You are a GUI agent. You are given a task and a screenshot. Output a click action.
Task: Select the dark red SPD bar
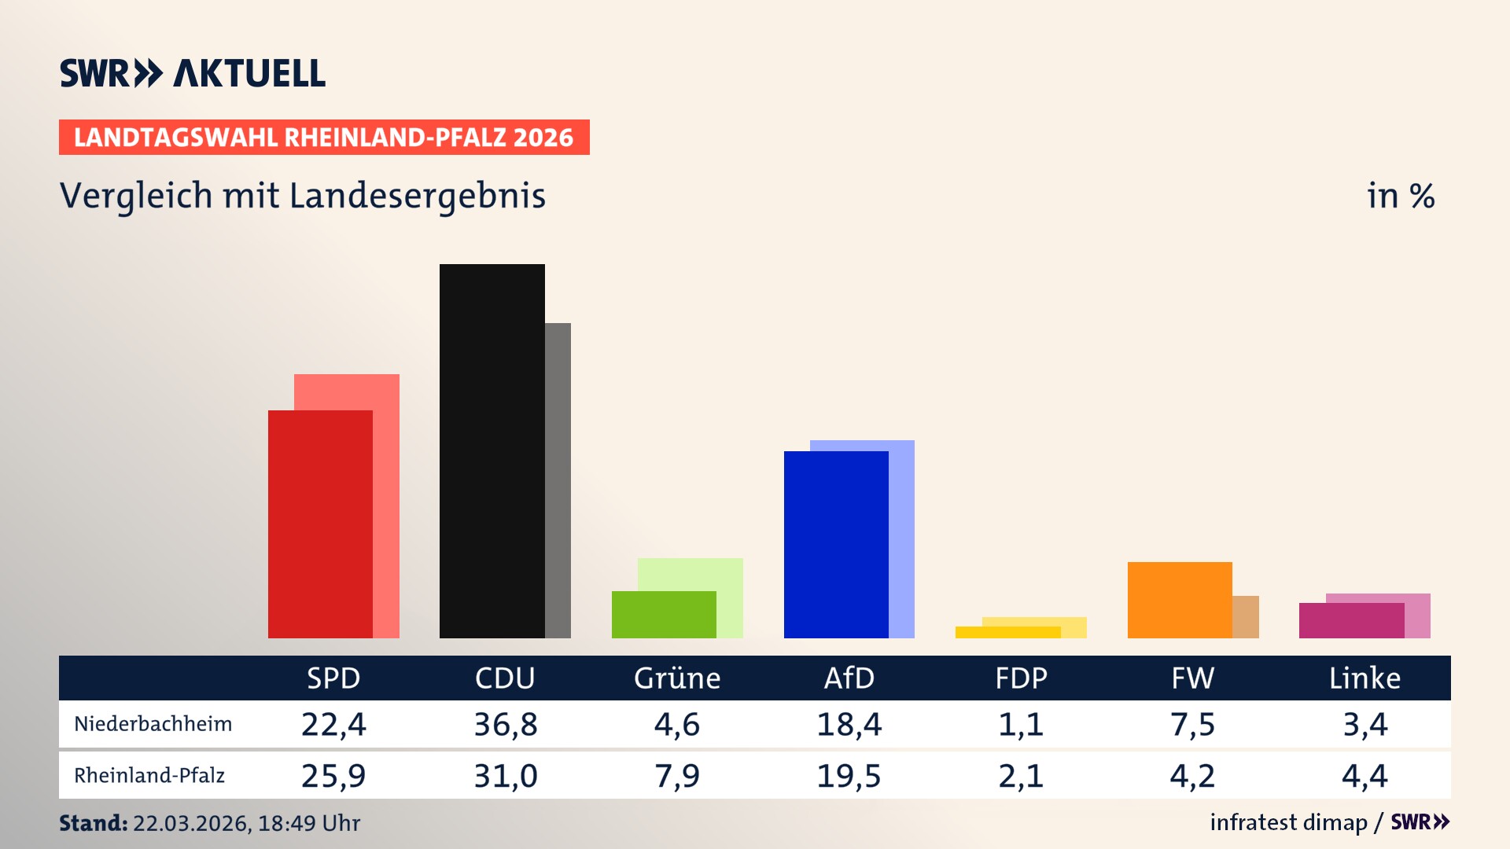click(x=320, y=524)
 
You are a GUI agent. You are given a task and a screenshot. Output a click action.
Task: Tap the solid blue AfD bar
click(x=836, y=544)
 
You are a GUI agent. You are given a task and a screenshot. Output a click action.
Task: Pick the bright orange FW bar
click(x=1180, y=600)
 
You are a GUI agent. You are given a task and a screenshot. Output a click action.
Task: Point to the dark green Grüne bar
click(x=664, y=614)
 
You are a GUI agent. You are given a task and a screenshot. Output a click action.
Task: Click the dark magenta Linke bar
click(x=1351, y=620)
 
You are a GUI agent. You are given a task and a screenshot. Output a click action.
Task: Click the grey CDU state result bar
click(x=558, y=480)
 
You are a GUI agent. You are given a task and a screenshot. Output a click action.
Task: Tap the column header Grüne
click(x=677, y=678)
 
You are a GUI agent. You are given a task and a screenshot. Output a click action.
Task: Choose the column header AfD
click(x=849, y=678)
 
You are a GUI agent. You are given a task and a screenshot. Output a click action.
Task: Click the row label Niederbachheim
click(x=153, y=724)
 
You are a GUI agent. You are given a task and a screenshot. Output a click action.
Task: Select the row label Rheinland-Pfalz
click(x=149, y=776)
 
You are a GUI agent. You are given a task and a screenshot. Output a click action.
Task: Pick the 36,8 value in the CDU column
click(x=505, y=724)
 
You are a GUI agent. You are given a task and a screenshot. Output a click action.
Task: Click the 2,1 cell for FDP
click(x=1021, y=776)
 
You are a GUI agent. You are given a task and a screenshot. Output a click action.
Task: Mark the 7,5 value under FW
click(x=1192, y=724)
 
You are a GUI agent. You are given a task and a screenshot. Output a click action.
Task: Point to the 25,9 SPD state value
click(x=333, y=776)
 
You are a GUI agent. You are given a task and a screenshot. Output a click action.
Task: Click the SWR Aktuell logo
click(x=193, y=73)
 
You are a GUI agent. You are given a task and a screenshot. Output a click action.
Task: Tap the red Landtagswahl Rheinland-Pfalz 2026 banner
click(x=324, y=138)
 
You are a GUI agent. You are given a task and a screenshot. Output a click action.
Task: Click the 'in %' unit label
click(x=1401, y=196)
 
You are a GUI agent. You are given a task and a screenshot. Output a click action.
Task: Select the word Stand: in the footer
click(x=93, y=823)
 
